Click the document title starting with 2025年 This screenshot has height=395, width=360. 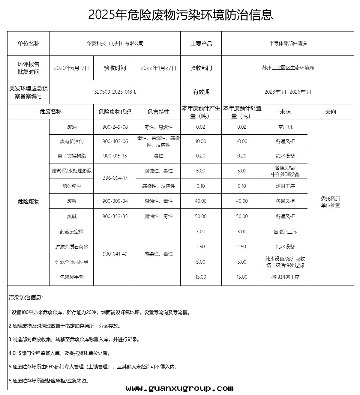click(x=180, y=15)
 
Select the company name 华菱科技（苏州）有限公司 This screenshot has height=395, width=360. click(x=115, y=43)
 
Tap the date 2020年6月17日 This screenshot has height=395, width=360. click(x=72, y=68)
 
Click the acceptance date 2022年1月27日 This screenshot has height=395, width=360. click(x=158, y=68)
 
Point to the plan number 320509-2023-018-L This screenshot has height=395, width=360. click(x=115, y=92)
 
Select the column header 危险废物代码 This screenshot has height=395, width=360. click(x=115, y=112)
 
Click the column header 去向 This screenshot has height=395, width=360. click(x=330, y=112)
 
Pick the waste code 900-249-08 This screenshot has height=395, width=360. click(x=115, y=127)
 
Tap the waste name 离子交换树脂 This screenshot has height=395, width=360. click(x=72, y=156)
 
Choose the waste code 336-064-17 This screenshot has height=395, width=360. click(x=115, y=178)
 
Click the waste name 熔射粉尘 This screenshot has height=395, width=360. click(x=72, y=186)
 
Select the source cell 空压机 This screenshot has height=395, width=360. click(x=285, y=127)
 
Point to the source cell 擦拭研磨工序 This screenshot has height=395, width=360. click(x=285, y=277)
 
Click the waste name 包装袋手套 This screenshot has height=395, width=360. click(x=72, y=277)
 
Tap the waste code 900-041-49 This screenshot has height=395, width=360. click(x=115, y=254)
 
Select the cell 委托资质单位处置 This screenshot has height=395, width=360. click(x=330, y=202)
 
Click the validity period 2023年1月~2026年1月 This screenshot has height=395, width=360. click(x=288, y=92)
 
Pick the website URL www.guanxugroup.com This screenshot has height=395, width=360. click(x=180, y=389)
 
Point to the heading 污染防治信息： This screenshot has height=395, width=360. click(x=26, y=298)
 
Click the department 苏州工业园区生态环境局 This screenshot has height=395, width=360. click(x=288, y=68)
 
